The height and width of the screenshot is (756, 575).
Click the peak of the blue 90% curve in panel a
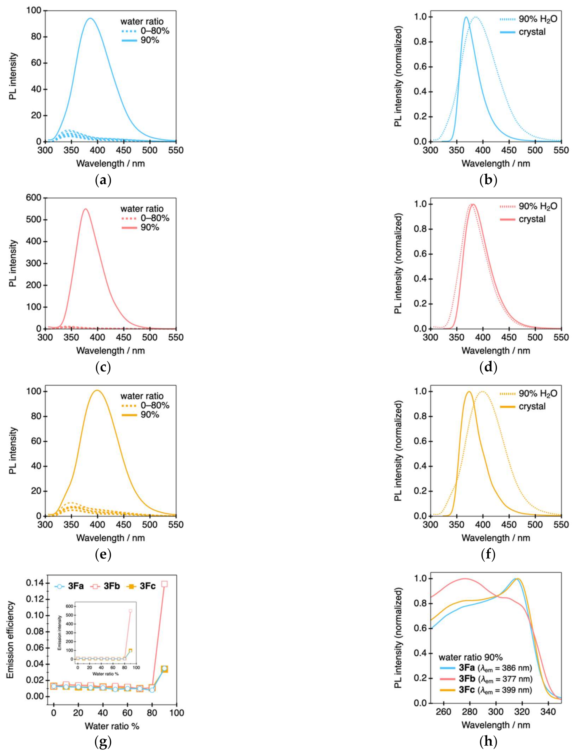(91, 19)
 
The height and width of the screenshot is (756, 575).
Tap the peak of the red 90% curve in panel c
(85, 209)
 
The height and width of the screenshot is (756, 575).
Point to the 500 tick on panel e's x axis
(150, 525)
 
